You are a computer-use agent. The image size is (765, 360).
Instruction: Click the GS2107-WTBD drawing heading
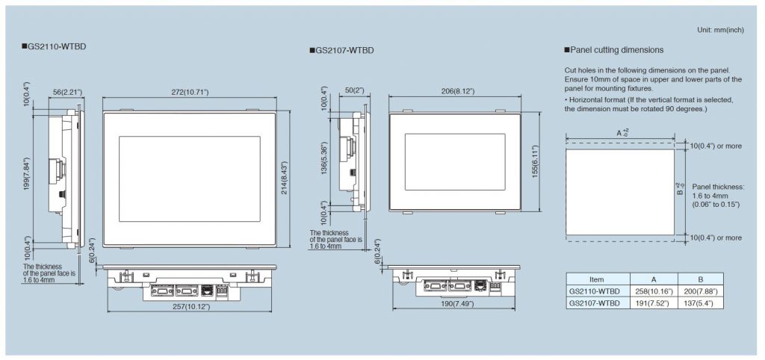coord(341,50)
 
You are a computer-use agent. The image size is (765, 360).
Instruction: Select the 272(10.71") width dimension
coord(190,92)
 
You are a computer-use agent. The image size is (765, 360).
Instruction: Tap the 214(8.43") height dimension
coord(285,178)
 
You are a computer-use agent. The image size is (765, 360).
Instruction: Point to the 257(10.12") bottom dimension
coord(190,306)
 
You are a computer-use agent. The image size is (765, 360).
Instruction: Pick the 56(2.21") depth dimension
coord(66,92)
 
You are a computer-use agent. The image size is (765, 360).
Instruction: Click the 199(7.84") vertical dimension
coord(27,174)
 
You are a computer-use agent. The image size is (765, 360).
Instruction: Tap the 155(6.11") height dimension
coord(535,161)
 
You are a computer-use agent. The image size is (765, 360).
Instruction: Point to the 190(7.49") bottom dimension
coord(453,304)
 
